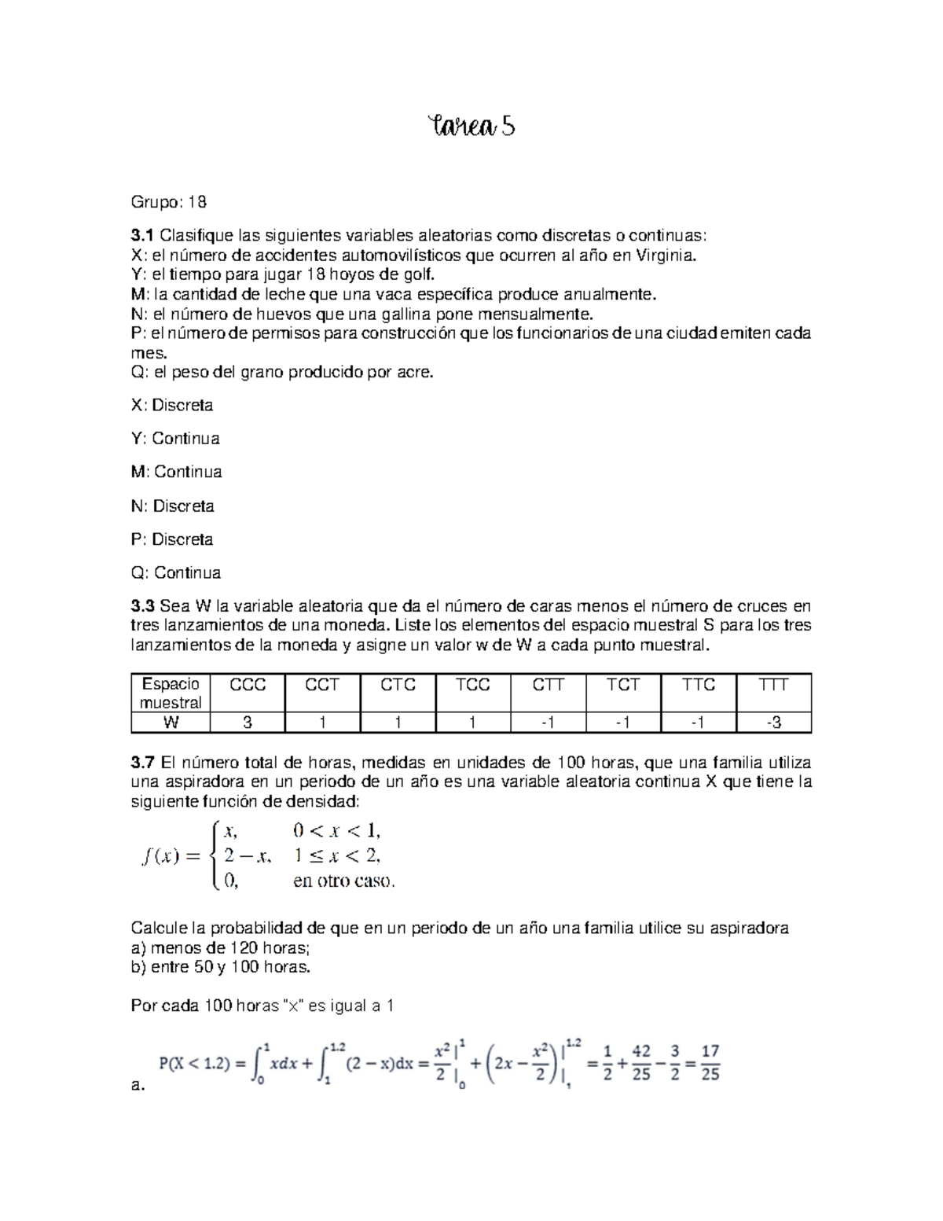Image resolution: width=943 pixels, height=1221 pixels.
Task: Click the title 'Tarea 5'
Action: [471, 126]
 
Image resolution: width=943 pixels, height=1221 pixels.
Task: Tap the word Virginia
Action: [669, 256]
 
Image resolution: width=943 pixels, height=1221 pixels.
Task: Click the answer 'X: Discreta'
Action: [171, 405]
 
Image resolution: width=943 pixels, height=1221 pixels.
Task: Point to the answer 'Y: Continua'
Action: [174, 439]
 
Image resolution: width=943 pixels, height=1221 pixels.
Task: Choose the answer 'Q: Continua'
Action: [175, 572]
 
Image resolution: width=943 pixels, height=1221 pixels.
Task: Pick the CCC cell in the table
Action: [248, 686]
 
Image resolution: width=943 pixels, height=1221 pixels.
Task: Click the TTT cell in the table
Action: [773, 686]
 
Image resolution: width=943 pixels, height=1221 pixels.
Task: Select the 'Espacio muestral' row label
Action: [171, 693]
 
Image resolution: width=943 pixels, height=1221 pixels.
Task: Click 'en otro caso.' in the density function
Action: [343, 881]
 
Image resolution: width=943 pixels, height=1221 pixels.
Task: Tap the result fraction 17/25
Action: [710, 1063]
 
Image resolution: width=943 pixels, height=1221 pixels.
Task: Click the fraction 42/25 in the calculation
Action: [641, 1063]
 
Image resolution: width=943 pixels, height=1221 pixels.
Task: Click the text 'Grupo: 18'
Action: [168, 202]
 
